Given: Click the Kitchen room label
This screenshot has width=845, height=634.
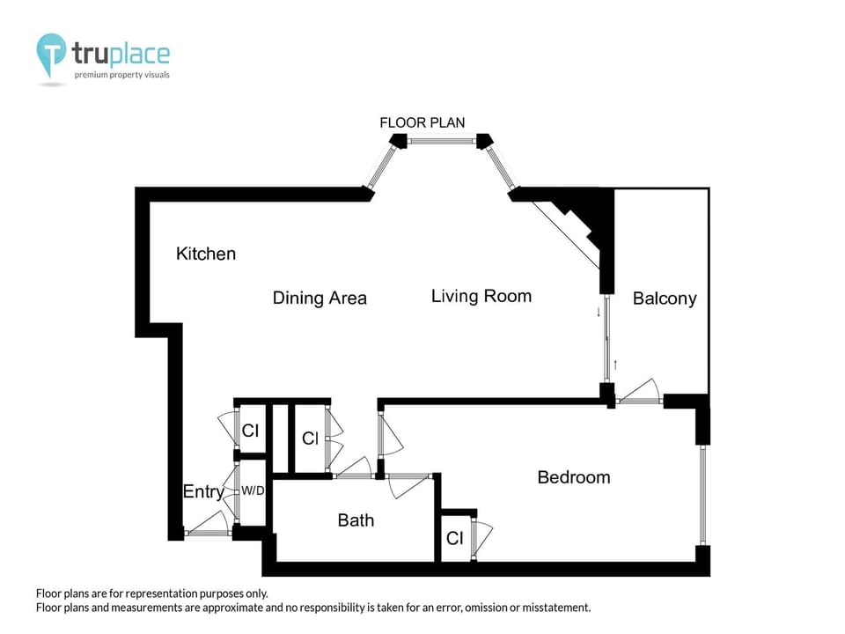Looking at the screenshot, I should pyautogui.click(x=206, y=254).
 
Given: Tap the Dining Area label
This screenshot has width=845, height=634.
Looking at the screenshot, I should pyautogui.click(x=320, y=298).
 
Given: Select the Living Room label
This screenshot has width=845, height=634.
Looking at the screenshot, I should pyautogui.click(x=481, y=296).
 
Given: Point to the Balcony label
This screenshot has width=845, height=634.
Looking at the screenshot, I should pyautogui.click(x=665, y=299).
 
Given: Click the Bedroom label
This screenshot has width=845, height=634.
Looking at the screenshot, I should pyautogui.click(x=573, y=477).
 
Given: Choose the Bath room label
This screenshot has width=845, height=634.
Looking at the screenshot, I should pyautogui.click(x=356, y=520).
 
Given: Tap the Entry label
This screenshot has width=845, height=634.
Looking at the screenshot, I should pyautogui.click(x=202, y=492).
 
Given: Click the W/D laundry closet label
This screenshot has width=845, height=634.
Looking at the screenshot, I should pyautogui.click(x=253, y=490).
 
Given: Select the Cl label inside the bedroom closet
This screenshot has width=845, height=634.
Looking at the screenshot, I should pyautogui.click(x=454, y=538).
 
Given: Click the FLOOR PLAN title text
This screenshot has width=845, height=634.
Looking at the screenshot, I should pyautogui.click(x=422, y=122).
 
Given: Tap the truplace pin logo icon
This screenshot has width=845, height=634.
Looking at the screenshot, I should pyautogui.click(x=51, y=55).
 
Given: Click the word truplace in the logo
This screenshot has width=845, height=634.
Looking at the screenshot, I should pyautogui.click(x=121, y=54).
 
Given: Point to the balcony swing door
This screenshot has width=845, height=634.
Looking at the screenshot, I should pyautogui.click(x=640, y=393).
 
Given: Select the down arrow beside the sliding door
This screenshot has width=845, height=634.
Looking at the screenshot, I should pyautogui.click(x=599, y=311).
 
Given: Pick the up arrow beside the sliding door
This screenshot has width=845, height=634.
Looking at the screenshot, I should pyautogui.click(x=615, y=364).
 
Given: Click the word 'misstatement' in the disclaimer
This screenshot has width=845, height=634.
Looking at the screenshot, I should pyautogui.click(x=547, y=608).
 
